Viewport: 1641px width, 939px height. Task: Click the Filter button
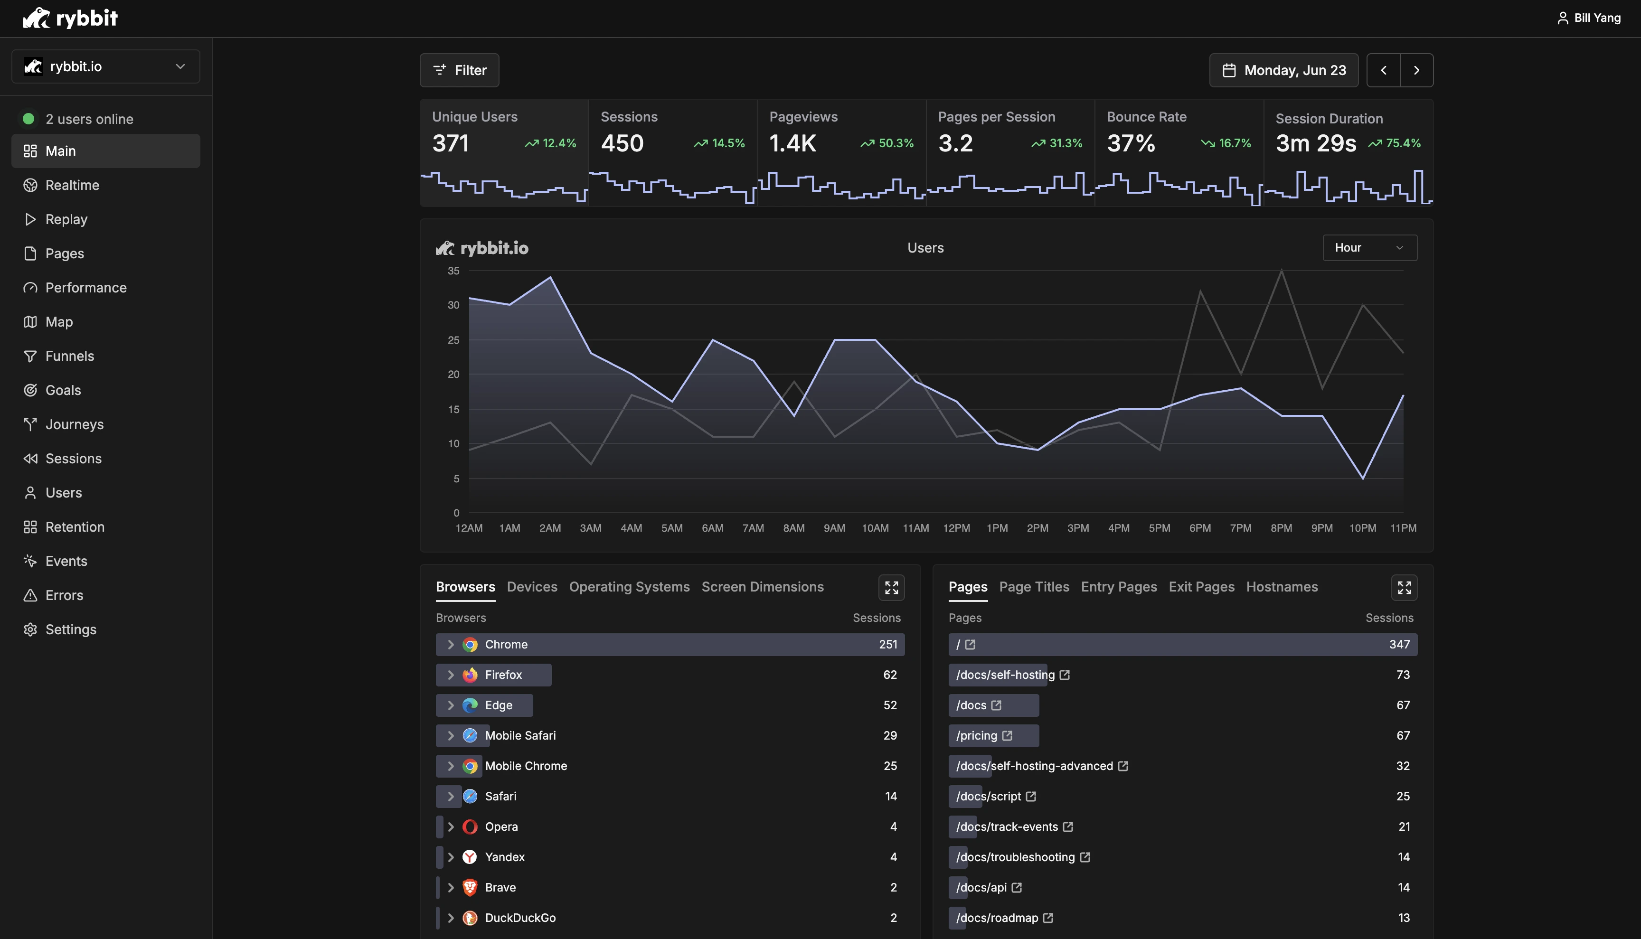(x=459, y=70)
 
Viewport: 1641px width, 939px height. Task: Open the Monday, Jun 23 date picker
(x=1283, y=70)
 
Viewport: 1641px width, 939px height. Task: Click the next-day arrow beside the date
(x=1416, y=70)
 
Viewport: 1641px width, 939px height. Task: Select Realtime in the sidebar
(x=72, y=185)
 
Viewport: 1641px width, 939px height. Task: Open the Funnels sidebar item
(x=70, y=356)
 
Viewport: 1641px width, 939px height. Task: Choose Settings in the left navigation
(x=71, y=629)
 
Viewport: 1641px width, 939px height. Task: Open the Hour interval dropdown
(x=1369, y=248)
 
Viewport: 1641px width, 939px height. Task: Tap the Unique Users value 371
(x=450, y=143)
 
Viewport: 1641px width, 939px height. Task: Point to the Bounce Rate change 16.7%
(x=1234, y=143)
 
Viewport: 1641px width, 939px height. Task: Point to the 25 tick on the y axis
(x=453, y=340)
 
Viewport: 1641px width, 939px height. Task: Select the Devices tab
(x=531, y=587)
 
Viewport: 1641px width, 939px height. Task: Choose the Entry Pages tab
(x=1119, y=587)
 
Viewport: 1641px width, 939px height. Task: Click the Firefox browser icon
(x=470, y=675)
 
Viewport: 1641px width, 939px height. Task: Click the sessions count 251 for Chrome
(x=887, y=644)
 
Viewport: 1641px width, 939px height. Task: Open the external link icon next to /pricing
(x=1007, y=735)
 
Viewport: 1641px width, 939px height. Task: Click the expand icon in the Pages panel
(x=1404, y=588)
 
